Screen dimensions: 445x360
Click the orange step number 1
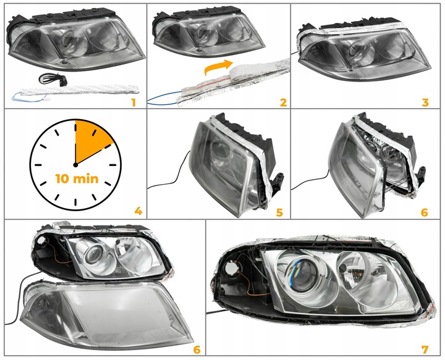[x=133, y=103]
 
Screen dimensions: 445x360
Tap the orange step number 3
[x=425, y=103]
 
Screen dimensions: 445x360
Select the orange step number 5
[x=279, y=212]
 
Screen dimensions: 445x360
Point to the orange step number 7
[x=425, y=350]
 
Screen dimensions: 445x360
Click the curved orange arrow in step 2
[x=216, y=66]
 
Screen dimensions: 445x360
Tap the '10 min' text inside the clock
[x=77, y=179]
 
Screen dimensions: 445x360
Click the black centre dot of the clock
[x=75, y=165]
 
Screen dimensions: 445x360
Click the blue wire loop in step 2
[x=163, y=98]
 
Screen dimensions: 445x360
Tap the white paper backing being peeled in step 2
[x=260, y=69]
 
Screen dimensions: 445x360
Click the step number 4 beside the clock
[x=138, y=211]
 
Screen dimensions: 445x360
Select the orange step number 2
[x=283, y=103]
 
